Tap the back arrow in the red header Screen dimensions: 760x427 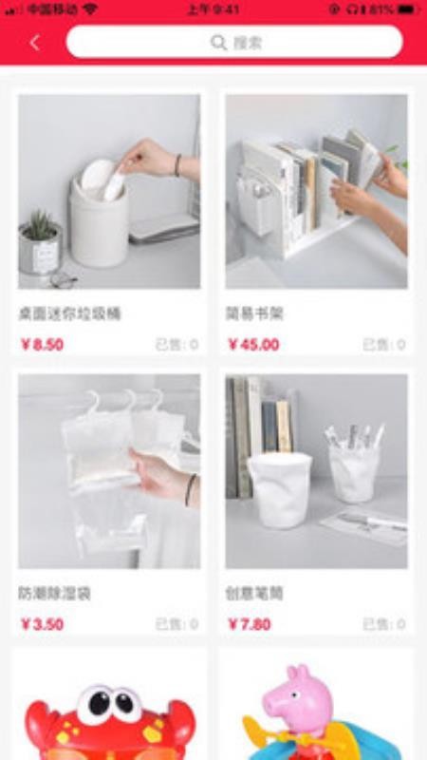pos(35,43)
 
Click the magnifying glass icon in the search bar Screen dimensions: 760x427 pos(218,43)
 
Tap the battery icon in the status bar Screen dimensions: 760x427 pos(405,9)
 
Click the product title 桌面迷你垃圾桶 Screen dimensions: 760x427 pos(69,313)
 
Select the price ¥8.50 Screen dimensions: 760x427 pos(42,345)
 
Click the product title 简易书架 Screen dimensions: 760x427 pos(254,313)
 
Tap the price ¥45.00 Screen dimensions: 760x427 pos(253,345)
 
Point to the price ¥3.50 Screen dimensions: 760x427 pos(42,624)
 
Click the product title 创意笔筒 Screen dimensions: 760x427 pos(254,594)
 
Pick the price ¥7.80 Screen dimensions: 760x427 pos(250,624)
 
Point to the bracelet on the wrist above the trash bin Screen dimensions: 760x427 pos(177,164)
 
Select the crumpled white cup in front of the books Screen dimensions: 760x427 pos(279,487)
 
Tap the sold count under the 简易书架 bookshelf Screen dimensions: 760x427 pos(383,345)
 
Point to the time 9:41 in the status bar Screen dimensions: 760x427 pos(213,9)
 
